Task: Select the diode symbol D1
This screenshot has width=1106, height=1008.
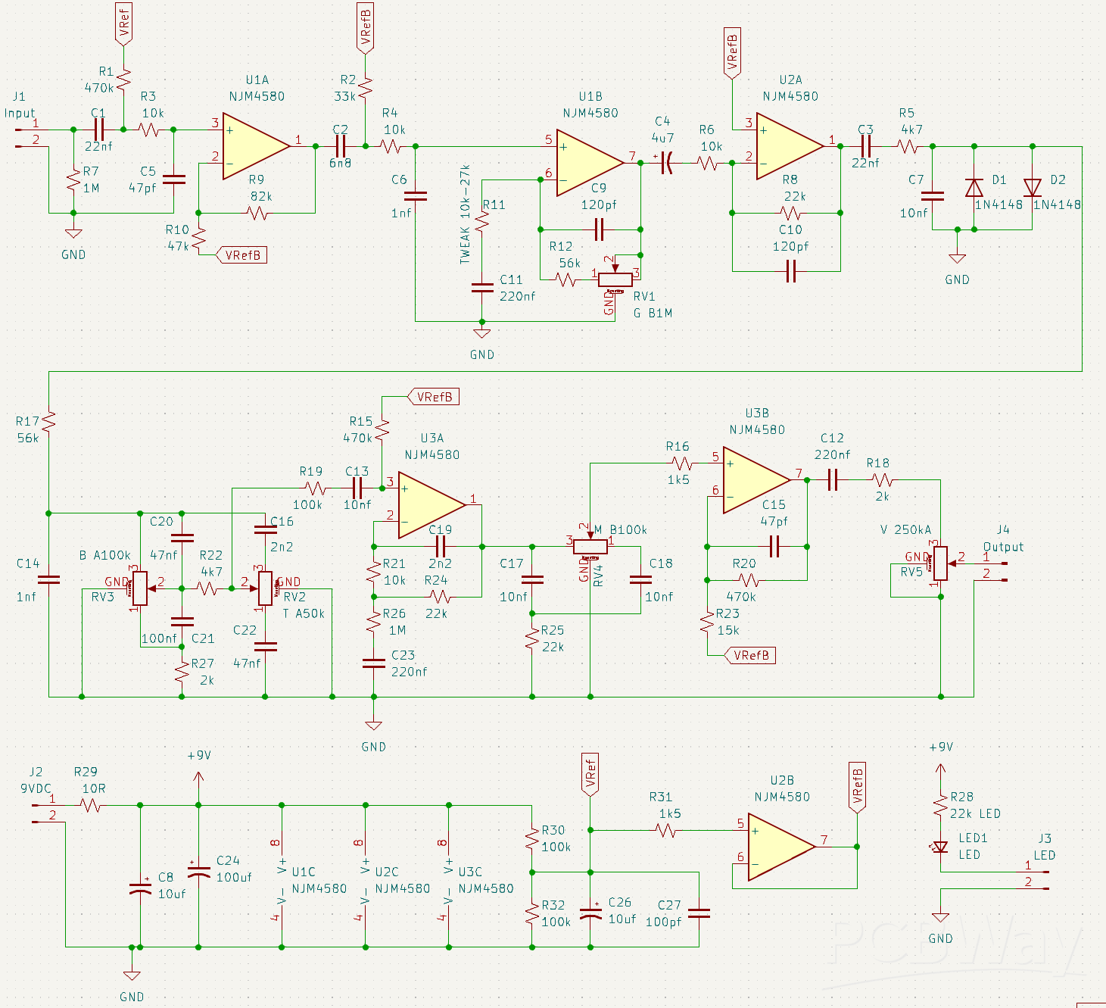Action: (x=974, y=187)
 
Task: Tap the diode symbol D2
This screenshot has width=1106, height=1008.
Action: (x=1032, y=187)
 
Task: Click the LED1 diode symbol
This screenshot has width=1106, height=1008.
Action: (x=940, y=847)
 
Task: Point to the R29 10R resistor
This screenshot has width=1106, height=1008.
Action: (x=91, y=806)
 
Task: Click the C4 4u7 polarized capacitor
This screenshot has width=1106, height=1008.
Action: (x=666, y=163)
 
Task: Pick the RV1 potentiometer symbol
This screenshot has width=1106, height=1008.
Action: (x=615, y=279)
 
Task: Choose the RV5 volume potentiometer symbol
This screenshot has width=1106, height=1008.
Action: (x=940, y=563)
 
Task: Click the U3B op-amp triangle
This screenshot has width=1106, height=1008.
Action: (x=756, y=479)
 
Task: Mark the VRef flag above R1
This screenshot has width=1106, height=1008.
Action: (x=123, y=24)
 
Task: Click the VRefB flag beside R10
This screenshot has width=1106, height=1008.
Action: (x=242, y=255)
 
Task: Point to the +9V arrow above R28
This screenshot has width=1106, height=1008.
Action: (x=940, y=772)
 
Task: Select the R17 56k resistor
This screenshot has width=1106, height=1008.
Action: (x=48, y=422)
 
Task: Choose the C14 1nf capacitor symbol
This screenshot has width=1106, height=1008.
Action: (x=48, y=580)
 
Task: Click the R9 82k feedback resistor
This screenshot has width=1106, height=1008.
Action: (x=257, y=213)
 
